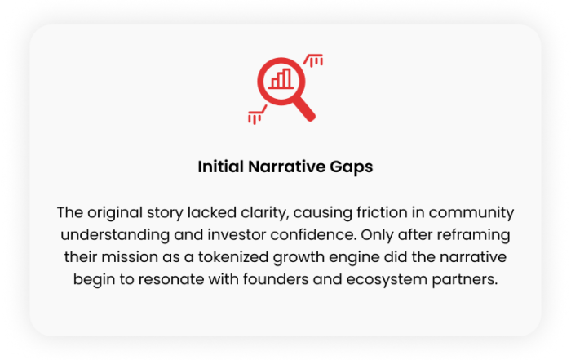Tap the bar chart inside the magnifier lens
coord(281,78)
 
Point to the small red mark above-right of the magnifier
coord(313,60)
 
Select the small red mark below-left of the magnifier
coord(257,115)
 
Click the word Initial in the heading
coord(221,167)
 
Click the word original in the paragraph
coord(115,213)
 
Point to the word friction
coord(382,212)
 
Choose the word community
coord(471,213)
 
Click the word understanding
coord(115,235)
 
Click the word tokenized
coord(233,257)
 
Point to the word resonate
coord(170,280)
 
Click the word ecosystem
coord(387,280)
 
